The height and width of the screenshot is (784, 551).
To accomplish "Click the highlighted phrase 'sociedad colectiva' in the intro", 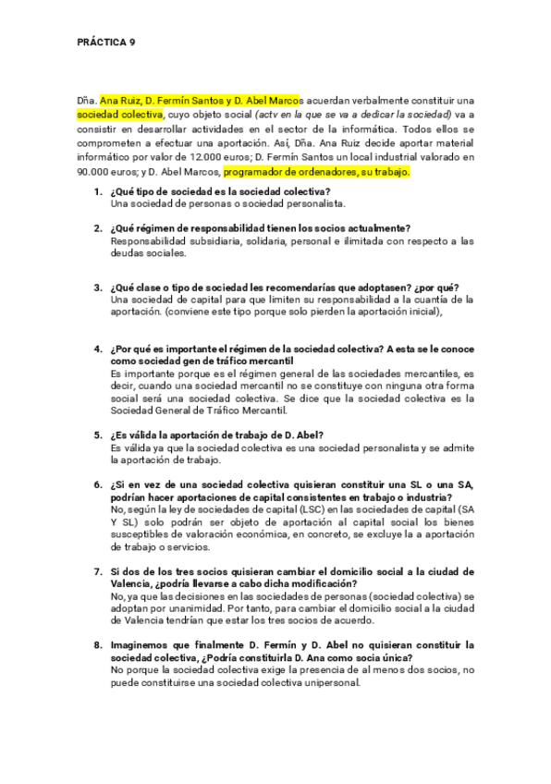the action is point(120,115).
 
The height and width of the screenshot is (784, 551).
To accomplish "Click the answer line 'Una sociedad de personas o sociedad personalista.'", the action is point(227,202).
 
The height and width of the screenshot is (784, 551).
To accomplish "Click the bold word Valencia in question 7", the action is point(139,584).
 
